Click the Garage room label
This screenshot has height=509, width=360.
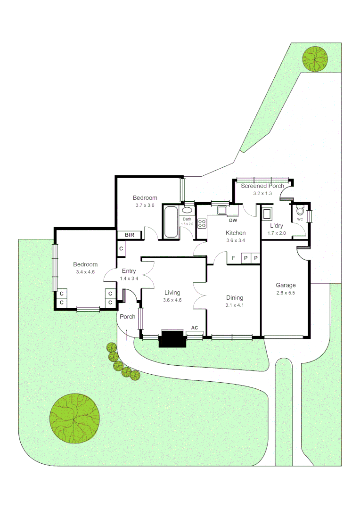tap(286, 285)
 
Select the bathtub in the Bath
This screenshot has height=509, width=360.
tap(171, 222)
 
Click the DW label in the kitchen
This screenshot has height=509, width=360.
tap(233, 221)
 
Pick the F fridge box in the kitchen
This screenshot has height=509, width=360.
tap(233, 258)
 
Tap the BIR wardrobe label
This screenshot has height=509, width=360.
tap(129, 235)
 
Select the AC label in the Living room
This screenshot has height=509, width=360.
tap(194, 328)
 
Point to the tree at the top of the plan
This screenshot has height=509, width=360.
tap(315, 58)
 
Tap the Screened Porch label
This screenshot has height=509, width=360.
tap(262, 186)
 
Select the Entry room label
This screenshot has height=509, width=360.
tap(129, 271)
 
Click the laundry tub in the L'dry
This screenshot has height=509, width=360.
tap(267, 213)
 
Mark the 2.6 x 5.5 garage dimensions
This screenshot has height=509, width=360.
tap(286, 293)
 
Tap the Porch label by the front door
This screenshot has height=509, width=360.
tap(127, 317)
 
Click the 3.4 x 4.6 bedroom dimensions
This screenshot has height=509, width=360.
tap(85, 272)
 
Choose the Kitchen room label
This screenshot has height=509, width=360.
tap(236, 233)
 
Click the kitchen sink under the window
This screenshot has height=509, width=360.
tap(222, 210)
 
